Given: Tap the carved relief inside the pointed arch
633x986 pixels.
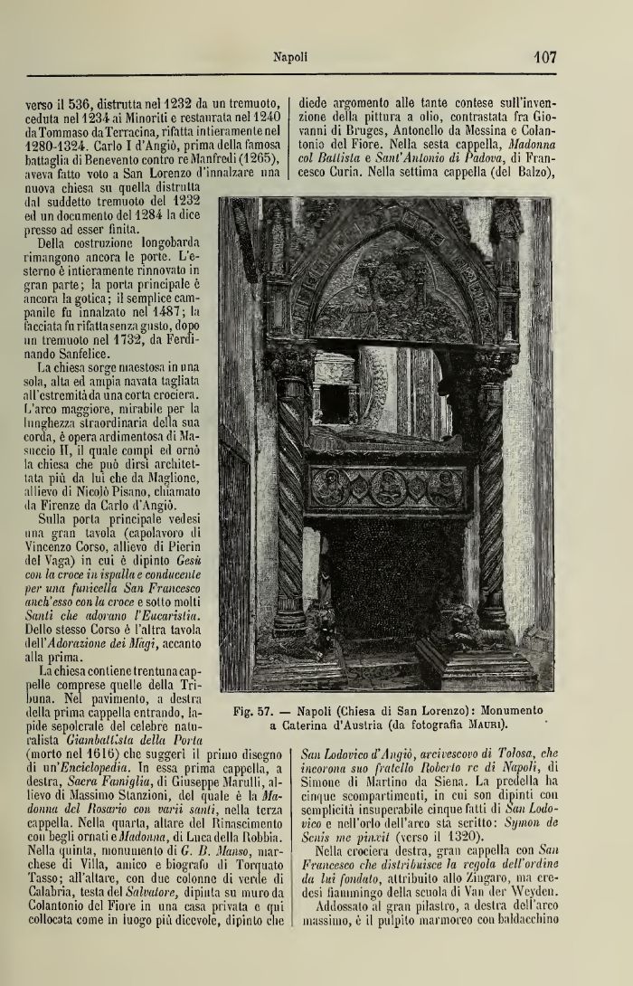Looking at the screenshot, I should click(x=393, y=289).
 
